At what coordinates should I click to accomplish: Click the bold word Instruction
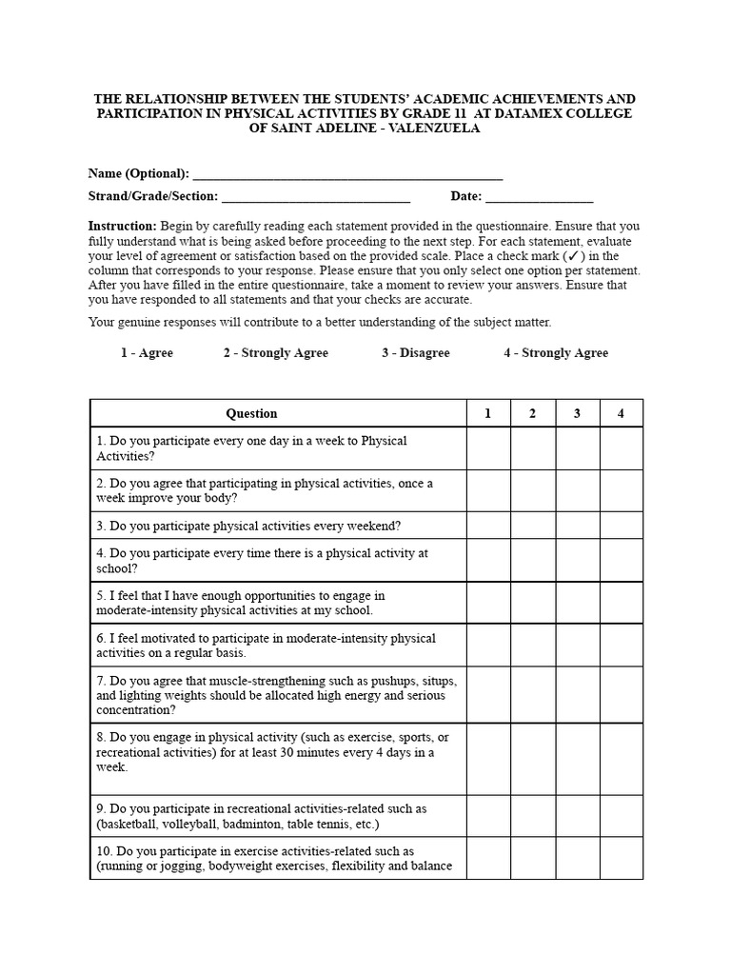click(x=122, y=227)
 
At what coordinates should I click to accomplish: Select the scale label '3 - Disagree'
click(x=416, y=353)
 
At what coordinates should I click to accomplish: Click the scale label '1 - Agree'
click(x=147, y=353)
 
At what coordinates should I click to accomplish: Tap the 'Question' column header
click(x=251, y=413)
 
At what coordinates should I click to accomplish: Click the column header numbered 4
click(x=621, y=413)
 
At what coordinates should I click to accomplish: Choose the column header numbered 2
click(x=533, y=413)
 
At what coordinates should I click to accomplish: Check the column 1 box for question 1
click(x=488, y=448)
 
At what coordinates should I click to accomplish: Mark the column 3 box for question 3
click(x=577, y=526)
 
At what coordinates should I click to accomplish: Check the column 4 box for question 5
click(x=621, y=603)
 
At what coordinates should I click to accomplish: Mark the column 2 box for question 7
click(x=533, y=695)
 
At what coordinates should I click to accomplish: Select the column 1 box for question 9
click(x=488, y=816)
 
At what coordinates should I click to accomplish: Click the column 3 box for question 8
click(x=577, y=759)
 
